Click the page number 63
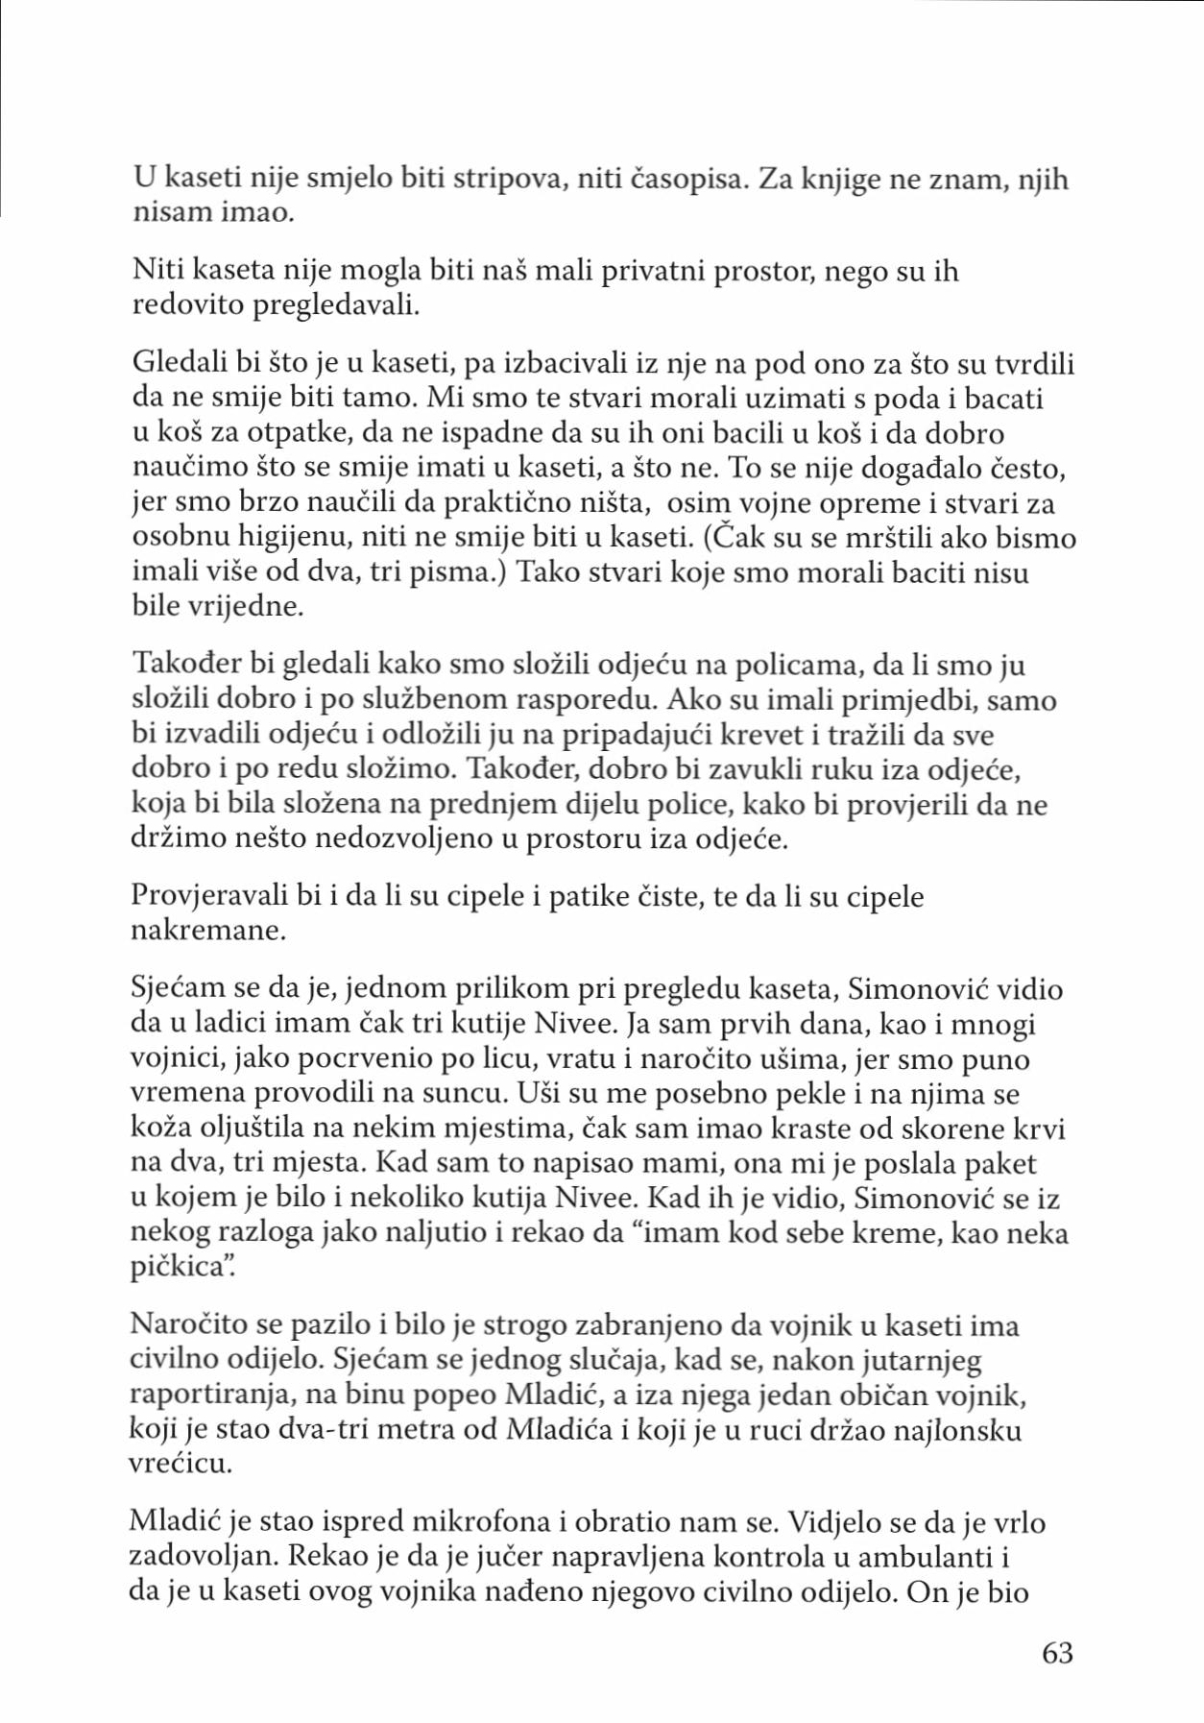(1057, 1653)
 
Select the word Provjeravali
(213, 896)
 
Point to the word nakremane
(208, 931)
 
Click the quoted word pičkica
(180, 1267)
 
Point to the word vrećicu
(181, 1465)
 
